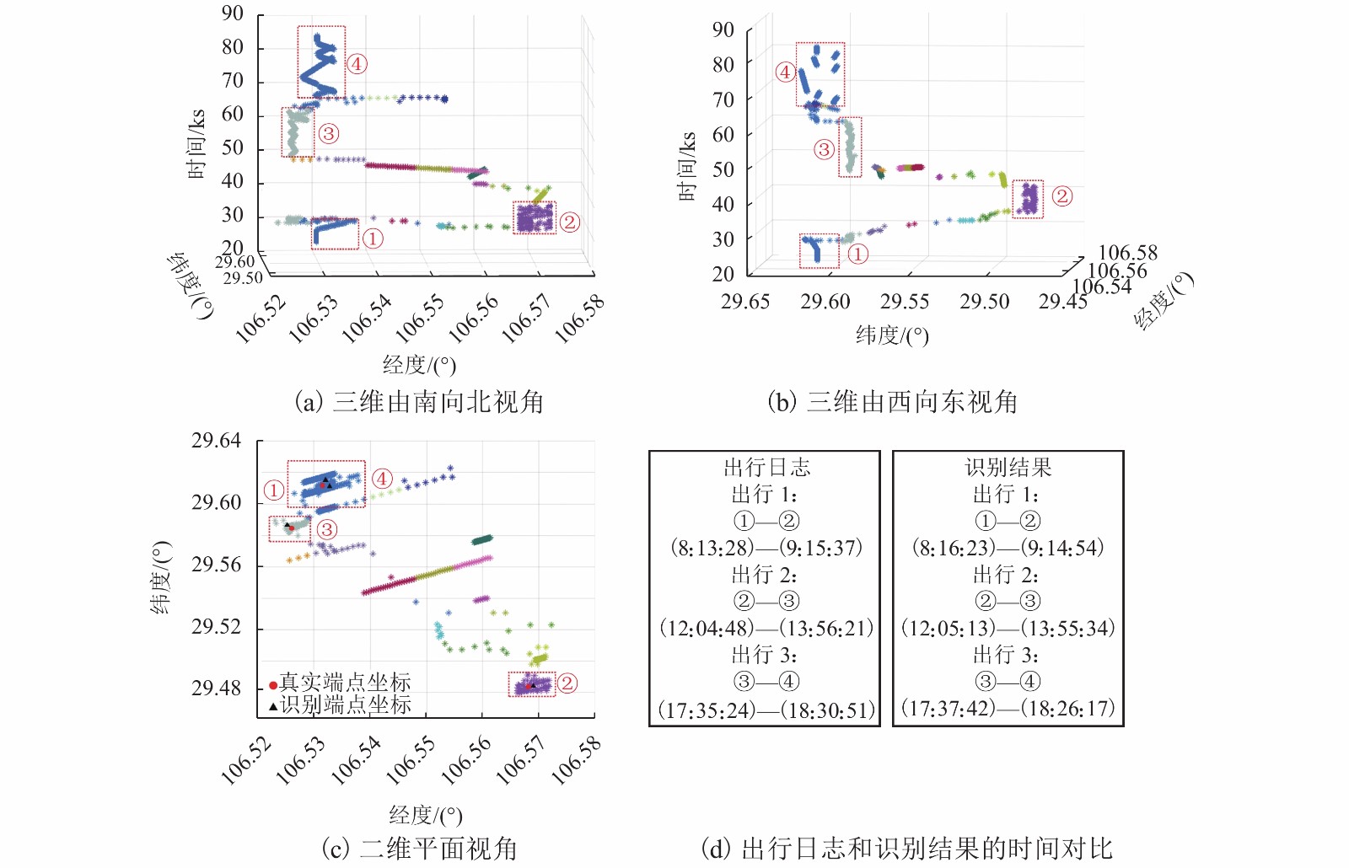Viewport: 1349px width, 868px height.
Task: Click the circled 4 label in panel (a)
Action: tap(357, 64)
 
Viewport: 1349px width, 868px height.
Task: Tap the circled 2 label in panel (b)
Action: tap(1061, 196)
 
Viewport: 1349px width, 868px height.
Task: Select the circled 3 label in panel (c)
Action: tap(327, 529)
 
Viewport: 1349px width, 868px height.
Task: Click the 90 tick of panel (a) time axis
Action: tap(233, 13)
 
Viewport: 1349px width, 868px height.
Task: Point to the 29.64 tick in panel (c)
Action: tap(216, 441)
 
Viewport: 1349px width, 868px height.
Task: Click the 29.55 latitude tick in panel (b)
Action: tap(904, 302)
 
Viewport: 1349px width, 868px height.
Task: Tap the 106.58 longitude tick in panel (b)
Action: tap(1127, 253)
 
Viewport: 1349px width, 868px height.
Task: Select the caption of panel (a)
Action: tap(419, 402)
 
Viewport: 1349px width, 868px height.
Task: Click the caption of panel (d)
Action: tap(906, 848)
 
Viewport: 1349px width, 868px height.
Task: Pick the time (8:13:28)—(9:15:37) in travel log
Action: tap(766, 548)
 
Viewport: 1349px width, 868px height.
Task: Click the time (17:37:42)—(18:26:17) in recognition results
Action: tap(1008, 709)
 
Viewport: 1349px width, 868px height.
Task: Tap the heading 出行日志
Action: tap(766, 468)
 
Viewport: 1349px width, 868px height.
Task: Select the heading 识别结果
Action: tap(1008, 468)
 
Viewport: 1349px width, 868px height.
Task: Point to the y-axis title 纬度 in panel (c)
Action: tap(160, 577)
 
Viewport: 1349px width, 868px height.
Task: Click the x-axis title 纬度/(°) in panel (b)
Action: tap(892, 335)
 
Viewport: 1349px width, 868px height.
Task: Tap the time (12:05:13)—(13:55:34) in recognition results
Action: tap(1008, 629)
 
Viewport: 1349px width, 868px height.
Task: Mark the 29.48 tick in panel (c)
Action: tap(216, 689)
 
